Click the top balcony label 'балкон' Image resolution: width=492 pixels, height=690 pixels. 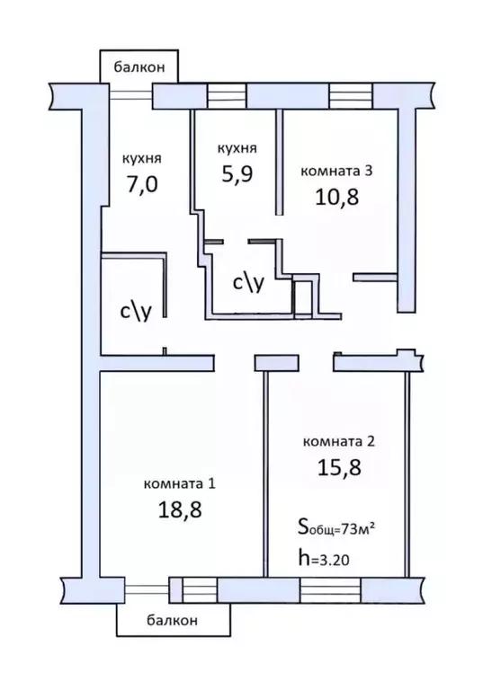click(139, 66)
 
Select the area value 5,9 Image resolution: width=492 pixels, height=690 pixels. click(237, 176)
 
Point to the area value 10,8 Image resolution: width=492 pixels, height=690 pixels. click(336, 197)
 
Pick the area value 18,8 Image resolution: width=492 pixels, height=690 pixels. click(180, 509)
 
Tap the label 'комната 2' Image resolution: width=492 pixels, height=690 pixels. click(345, 440)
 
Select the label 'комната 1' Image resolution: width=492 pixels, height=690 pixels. click(180, 483)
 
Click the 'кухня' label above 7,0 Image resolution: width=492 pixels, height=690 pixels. click(141, 158)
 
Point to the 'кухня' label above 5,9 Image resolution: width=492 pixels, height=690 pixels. click(237, 148)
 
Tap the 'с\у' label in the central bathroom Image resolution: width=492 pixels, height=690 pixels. click(247, 283)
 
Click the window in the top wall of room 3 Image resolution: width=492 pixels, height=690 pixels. click(349, 94)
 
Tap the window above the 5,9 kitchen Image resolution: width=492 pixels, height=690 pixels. click(226, 94)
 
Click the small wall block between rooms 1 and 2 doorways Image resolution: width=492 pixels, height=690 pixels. click(269, 362)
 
